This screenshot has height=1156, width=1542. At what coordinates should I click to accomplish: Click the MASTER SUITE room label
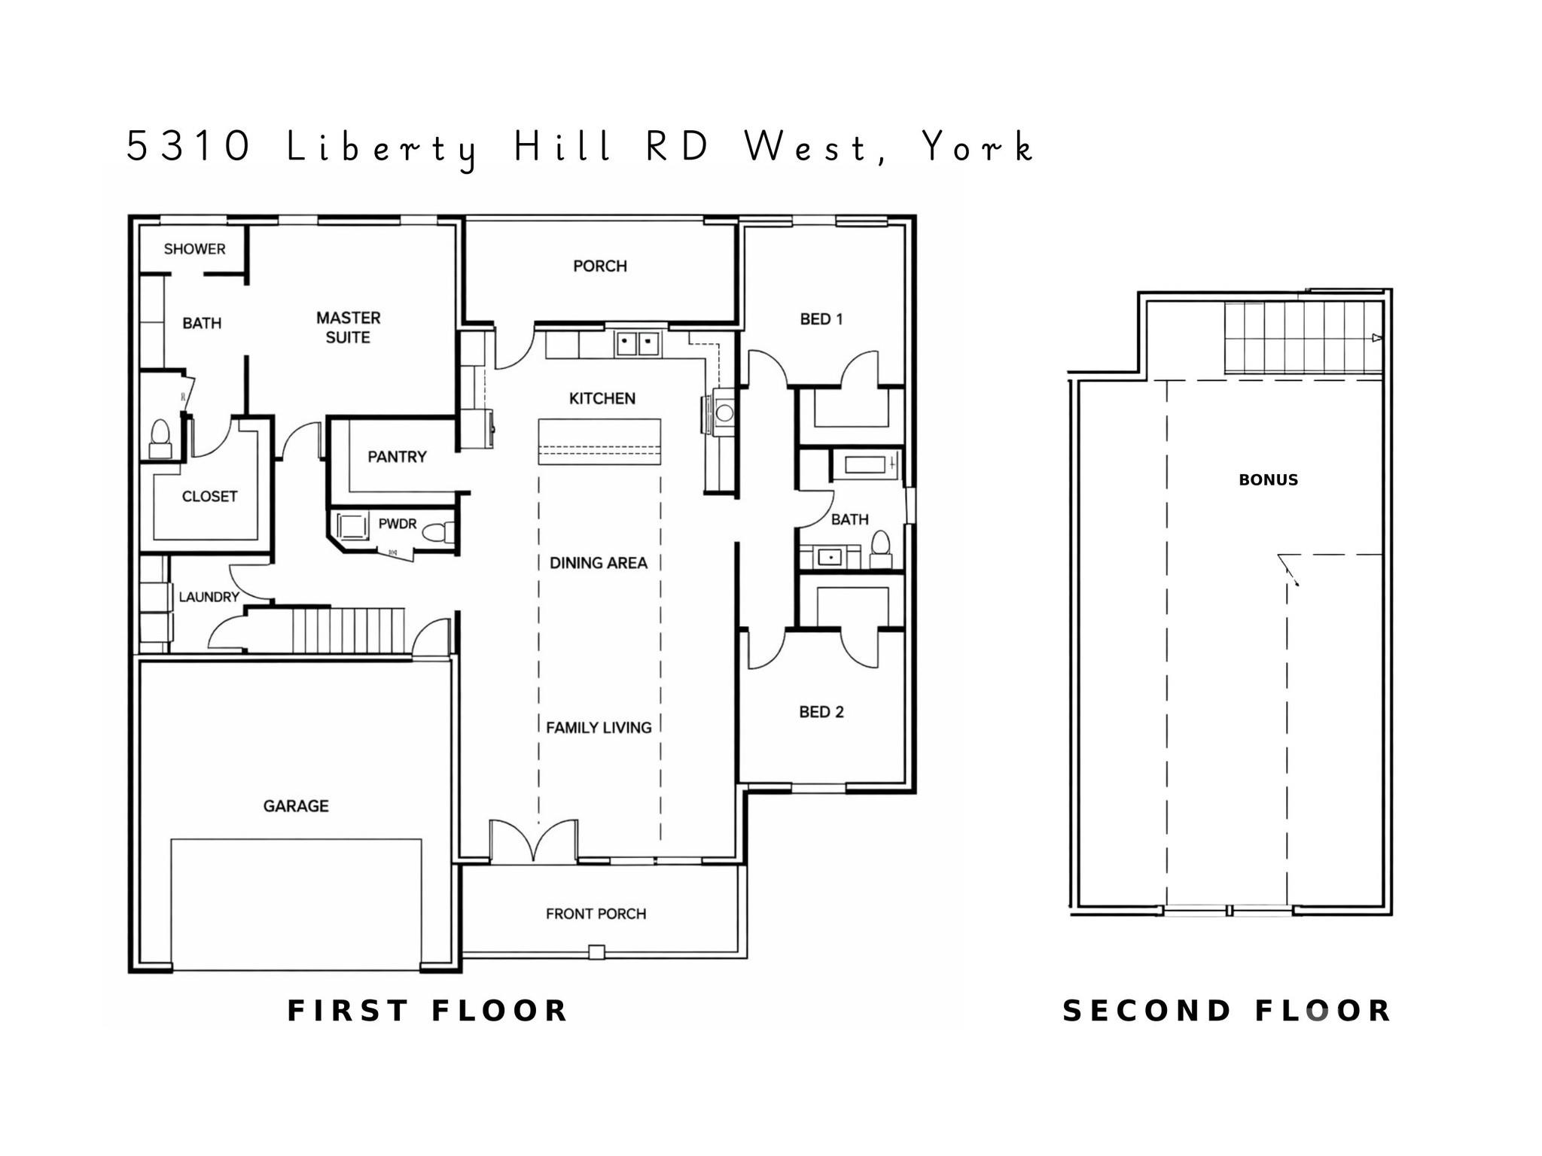pyautogui.click(x=348, y=327)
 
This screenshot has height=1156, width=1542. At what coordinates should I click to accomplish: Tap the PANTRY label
pyautogui.click(x=397, y=457)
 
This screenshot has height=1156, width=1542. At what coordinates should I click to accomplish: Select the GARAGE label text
pyautogui.click(x=296, y=806)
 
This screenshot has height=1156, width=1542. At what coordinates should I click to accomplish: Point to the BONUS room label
pyautogui.click(x=1269, y=479)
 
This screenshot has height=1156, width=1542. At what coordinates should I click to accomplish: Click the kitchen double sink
pyautogui.click(x=637, y=344)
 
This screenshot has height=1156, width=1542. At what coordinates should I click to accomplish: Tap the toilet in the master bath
pyautogui.click(x=160, y=439)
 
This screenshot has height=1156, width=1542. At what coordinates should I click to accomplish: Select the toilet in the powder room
pyautogui.click(x=439, y=533)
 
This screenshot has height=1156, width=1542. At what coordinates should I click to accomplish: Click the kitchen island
pyautogui.click(x=599, y=442)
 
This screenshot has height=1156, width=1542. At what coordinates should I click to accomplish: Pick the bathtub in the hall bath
pyautogui.click(x=865, y=464)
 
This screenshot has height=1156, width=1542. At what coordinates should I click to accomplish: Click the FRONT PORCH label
pyautogui.click(x=596, y=914)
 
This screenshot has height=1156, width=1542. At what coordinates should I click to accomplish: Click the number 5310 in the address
pyautogui.click(x=189, y=146)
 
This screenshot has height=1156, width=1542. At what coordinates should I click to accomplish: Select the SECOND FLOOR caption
pyautogui.click(x=1227, y=1011)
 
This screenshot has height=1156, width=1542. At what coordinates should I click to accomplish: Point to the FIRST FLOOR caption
pyautogui.click(x=428, y=1011)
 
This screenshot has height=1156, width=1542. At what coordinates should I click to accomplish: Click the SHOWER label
pyautogui.click(x=194, y=249)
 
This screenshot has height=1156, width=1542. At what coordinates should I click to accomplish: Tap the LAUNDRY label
pyautogui.click(x=209, y=597)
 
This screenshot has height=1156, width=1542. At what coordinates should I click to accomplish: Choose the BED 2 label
pyautogui.click(x=821, y=712)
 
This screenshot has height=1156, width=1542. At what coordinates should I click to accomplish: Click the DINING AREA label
pyautogui.click(x=599, y=563)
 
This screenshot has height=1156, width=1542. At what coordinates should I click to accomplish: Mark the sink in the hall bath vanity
pyautogui.click(x=829, y=557)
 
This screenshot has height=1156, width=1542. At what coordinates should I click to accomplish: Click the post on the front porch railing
pyautogui.click(x=596, y=952)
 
